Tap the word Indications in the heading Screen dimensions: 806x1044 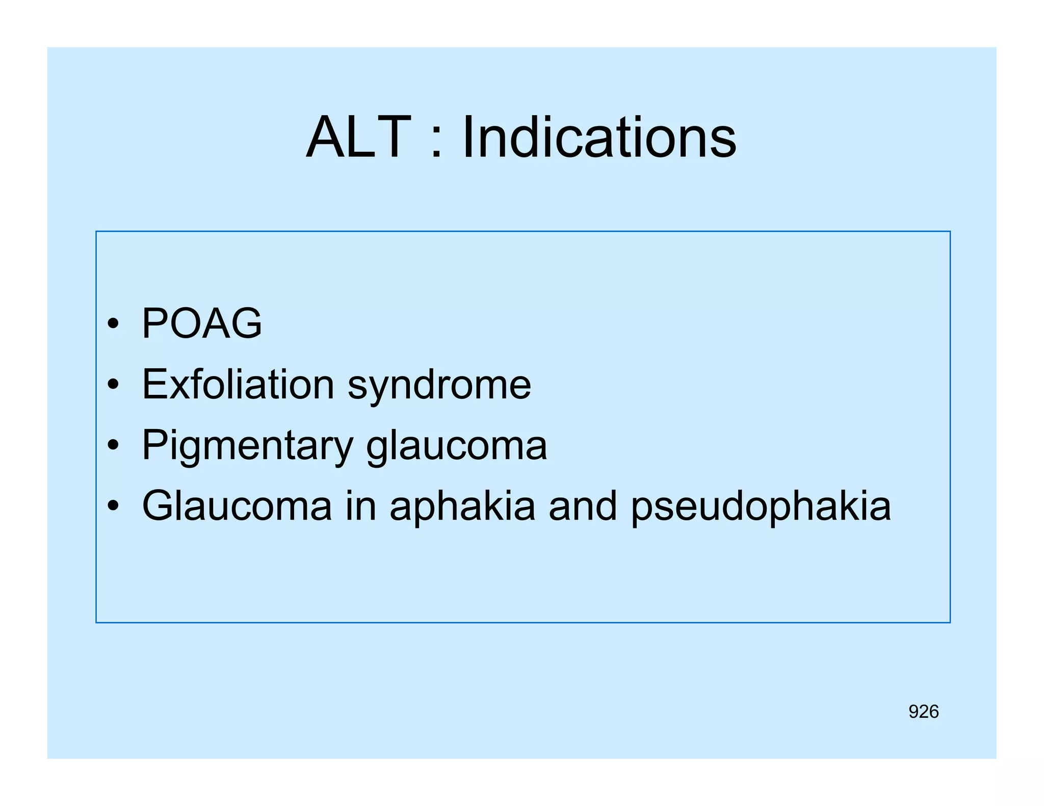pyautogui.click(x=599, y=138)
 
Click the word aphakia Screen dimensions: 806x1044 pyautogui.click(x=462, y=507)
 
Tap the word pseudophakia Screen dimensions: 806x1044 pyautogui.click(x=761, y=507)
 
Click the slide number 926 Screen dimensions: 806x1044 pyautogui.click(x=923, y=712)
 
